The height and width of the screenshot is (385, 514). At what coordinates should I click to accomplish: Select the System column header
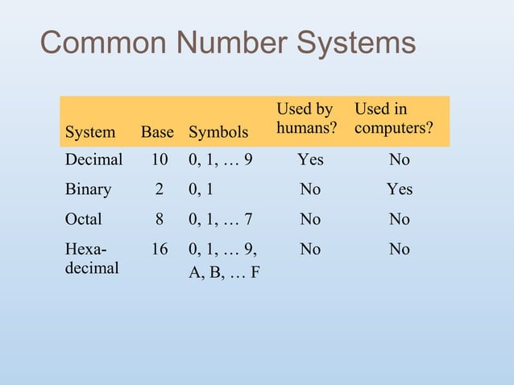pyautogui.click(x=89, y=131)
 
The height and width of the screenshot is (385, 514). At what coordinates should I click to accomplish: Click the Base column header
pyautogui.click(x=157, y=131)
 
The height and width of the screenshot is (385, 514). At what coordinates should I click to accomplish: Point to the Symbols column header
pyautogui.click(x=218, y=131)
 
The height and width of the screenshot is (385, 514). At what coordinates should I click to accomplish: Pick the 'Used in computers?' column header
pyautogui.click(x=393, y=119)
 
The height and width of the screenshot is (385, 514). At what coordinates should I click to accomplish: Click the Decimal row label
pyautogui.click(x=93, y=159)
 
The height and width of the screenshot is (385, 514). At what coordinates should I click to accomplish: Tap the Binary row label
pyautogui.click(x=88, y=189)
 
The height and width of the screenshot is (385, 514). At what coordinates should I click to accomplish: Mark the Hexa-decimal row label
pyautogui.click(x=91, y=259)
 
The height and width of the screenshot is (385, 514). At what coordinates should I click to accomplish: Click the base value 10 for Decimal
pyautogui.click(x=160, y=159)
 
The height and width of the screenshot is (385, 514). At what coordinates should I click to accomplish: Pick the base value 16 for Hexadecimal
pyautogui.click(x=160, y=250)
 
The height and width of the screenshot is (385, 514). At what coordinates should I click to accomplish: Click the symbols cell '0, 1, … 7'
pyautogui.click(x=220, y=219)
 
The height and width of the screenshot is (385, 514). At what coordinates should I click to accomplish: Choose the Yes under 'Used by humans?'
pyautogui.click(x=310, y=159)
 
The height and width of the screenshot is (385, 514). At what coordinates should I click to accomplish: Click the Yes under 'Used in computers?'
pyautogui.click(x=399, y=189)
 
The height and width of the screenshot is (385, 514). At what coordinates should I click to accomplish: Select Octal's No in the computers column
pyautogui.click(x=399, y=219)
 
